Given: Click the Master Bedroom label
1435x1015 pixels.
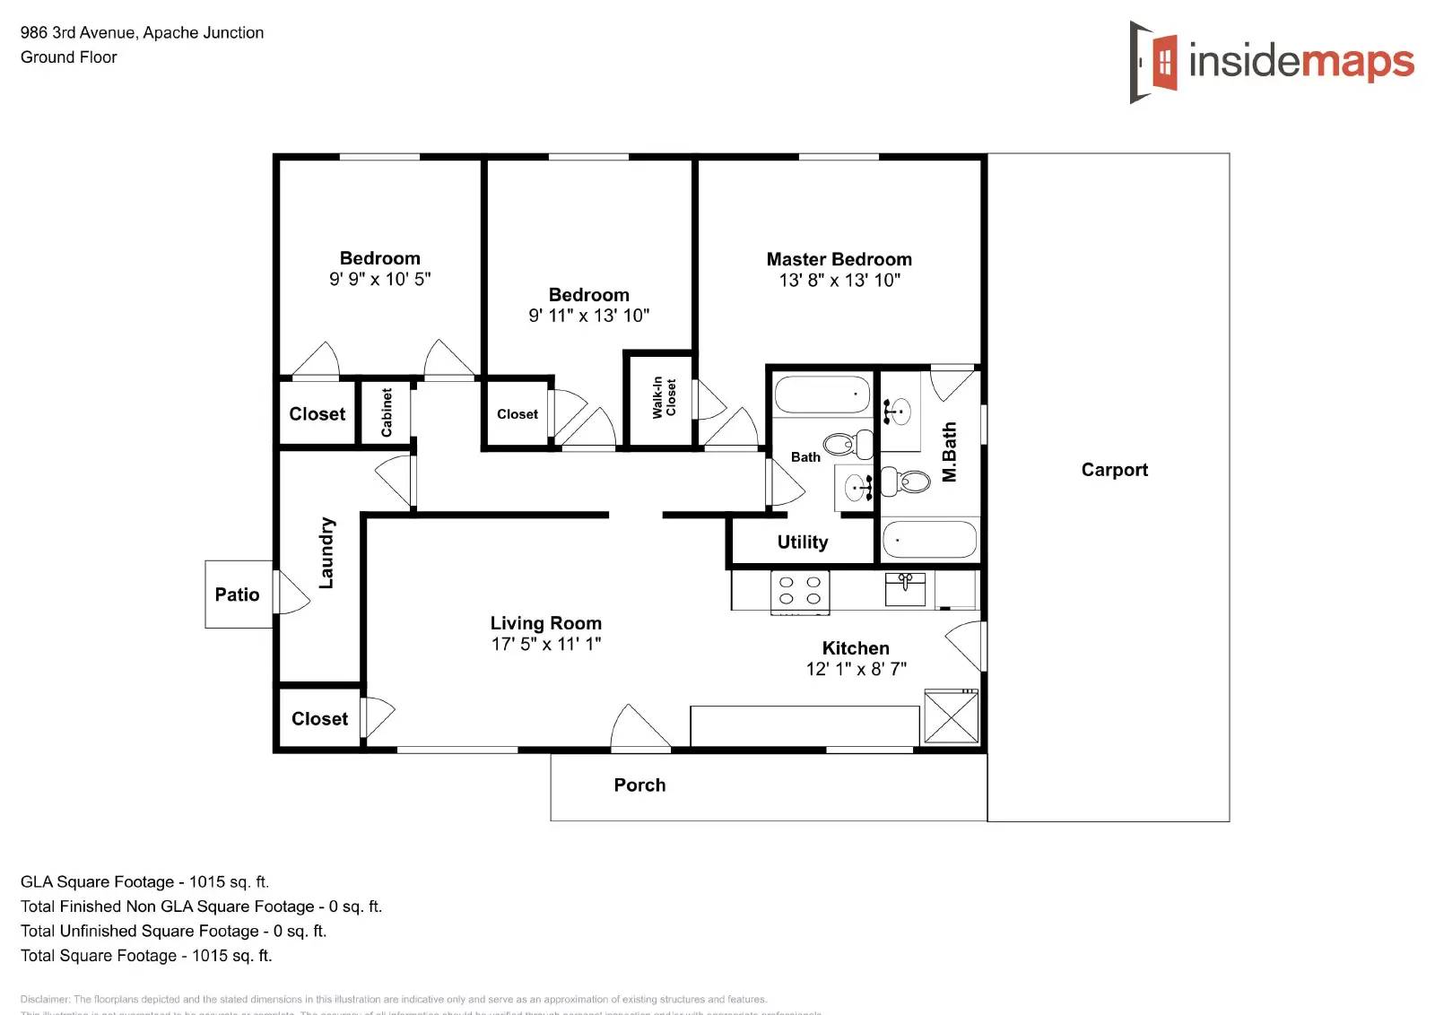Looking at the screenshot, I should pyautogui.click(x=839, y=259).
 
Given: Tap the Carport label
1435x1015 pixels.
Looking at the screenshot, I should pyautogui.click(x=1114, y=470).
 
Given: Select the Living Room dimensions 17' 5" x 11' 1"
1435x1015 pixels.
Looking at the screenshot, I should pyautogui.click(x=545, y=644).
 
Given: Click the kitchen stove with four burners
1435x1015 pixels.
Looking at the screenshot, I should pyautogui.click(x=800, y=592).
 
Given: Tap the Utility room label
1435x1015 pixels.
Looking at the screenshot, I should pyautogui.click(x=802, y=542).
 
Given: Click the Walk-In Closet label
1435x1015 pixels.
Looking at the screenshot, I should pyautogui.click(x=664, y=397).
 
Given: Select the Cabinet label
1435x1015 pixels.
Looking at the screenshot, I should pyautogui.click(x=387, y=412).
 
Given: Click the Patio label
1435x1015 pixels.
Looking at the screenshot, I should pyautogui.click(x=237, y=594).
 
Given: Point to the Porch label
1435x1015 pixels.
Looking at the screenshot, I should pyautogui.click(x=639, y=785).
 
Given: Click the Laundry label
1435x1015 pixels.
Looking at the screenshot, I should pyautogui.click(x=326, y=552).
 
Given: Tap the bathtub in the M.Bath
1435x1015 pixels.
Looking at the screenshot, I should pyautogui.click(x=929, y=541).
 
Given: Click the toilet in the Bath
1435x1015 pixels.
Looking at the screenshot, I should pyautogui.click(x=847, y=443).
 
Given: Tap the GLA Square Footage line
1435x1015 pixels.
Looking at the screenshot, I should pyautogui.click(x=144, y=881).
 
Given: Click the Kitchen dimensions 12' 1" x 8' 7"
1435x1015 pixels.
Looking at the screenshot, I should pyautogui.click(x=856, y=669).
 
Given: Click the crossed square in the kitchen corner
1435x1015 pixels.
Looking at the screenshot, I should pyautogui.click(x=951, y=716).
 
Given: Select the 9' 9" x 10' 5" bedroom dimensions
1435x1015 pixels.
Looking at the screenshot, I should pyautogui.click(x=379, y=279).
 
